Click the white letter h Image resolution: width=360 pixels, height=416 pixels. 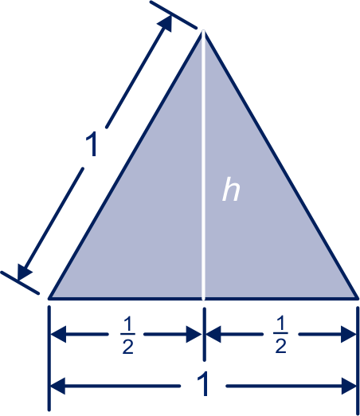tap(231, 190)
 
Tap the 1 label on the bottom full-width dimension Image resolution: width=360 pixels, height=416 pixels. tap(203, 383)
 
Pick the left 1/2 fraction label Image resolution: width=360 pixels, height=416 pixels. tap(127, 336)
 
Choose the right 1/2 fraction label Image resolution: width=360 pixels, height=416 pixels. tap(280, 336)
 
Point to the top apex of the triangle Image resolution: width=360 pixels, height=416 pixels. tap(204, 31)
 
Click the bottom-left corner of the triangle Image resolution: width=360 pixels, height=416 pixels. tap(50, 298)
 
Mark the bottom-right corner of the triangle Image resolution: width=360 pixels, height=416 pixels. tap(358, 298)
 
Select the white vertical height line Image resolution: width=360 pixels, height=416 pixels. tap(204, 165)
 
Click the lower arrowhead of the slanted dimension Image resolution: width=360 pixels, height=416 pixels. tap(23, 272)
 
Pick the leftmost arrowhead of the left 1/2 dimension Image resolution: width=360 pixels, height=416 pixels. tap(58, 334)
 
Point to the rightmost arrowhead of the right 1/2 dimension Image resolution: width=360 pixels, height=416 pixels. tap(349, 334)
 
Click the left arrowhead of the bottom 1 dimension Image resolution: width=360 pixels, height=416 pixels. tap(58, 386)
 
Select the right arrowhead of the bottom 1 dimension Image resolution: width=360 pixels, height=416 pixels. tap(349, 386)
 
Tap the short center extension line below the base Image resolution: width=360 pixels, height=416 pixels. tap(204, 334)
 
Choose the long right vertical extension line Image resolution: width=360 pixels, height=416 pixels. tap(358, 360)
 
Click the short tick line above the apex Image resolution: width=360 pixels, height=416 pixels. tap(174, 14)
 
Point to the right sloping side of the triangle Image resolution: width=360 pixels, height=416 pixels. tap(280, 165)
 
